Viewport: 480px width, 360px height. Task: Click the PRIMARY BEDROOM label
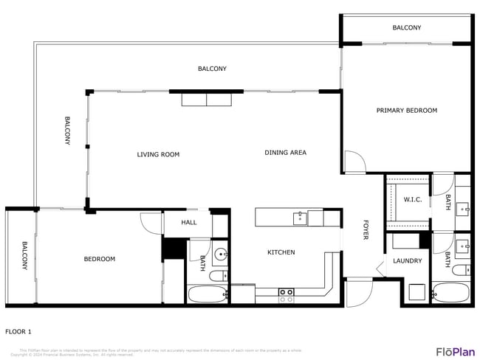pos(406,111)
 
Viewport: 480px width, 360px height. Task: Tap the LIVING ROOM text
pos(158,155)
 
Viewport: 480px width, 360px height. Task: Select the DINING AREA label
pos(285,153)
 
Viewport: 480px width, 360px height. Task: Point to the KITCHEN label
pos(281,252)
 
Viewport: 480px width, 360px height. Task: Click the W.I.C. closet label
pos(412,200)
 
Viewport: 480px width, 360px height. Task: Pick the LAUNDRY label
pos(407,260)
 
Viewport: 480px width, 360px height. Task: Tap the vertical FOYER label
pos(365,230)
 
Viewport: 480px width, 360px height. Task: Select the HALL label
pos(189,222)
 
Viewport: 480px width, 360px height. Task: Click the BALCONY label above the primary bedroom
pos(406,28)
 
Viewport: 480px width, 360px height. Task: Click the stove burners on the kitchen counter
pos(286,296)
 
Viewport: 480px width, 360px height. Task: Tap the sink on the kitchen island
pos(300,218)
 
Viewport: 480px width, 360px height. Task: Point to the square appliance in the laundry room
pos(416,293)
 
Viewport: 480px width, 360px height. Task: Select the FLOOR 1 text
pos(18,332)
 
